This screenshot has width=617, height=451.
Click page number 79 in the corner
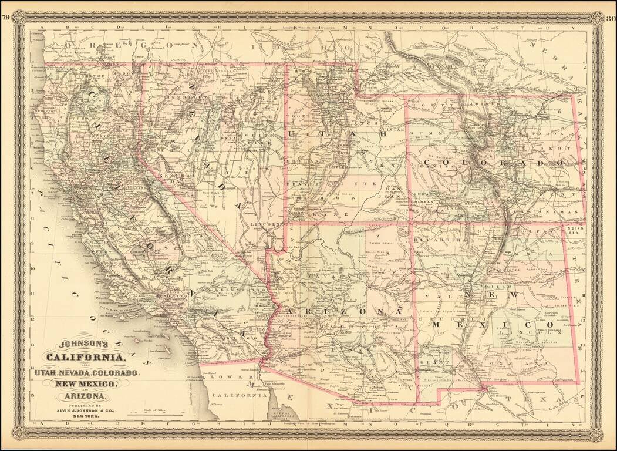[5, 16]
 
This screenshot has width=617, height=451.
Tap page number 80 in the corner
[610, 16]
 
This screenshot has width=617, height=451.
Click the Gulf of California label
[282, 416]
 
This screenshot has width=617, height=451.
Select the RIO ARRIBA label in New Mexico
[431, 240]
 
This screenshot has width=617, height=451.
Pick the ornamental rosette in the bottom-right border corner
[596, 435]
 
